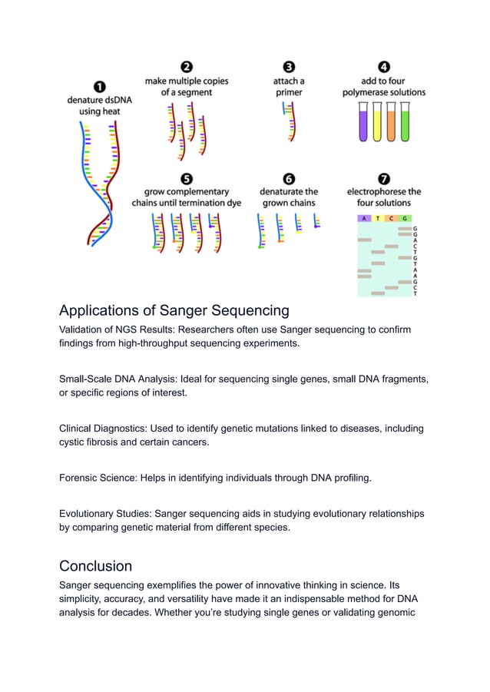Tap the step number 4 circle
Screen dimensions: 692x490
(384, 67)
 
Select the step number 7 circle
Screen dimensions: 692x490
(384, 178)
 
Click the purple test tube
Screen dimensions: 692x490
(363, 124)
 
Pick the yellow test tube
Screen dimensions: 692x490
(376, 124)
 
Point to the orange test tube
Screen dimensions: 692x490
(390, 124)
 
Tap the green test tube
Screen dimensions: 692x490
(404, 124)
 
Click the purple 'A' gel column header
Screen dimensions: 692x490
(364, 219)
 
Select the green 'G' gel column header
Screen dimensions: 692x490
(405, 219)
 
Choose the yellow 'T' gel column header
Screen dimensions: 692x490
(378, 219)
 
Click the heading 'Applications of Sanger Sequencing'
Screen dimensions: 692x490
(174, 311)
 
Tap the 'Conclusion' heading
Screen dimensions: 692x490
(95, 566)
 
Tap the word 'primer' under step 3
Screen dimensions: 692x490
(289, 92)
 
